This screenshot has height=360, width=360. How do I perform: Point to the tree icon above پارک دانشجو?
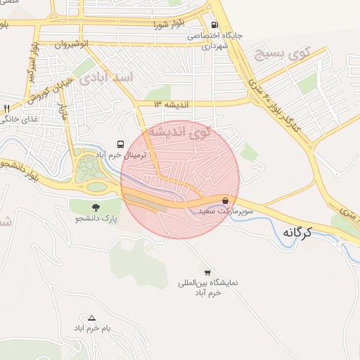click(95, 207)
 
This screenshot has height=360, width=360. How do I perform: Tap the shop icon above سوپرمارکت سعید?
click(225, 200)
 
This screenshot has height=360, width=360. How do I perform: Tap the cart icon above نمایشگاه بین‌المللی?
click(207, 271)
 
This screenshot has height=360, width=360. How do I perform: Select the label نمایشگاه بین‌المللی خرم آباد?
click(208, 287)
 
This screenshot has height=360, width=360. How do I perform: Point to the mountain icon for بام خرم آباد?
click(91, 318)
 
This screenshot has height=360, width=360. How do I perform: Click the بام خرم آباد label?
click(91, 328)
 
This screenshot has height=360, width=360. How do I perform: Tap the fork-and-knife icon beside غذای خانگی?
click(6, 108)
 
